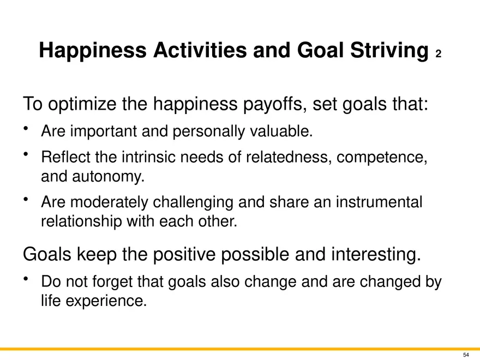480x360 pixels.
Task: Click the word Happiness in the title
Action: [x=93, y=51]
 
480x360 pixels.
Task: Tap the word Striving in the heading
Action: [x=389, y=51]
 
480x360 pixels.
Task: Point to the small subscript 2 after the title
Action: [x=439, y=54]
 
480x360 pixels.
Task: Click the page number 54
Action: [x=466, y=355]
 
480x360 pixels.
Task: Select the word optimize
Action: [x=82, y=104]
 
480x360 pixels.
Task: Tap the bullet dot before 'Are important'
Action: [x=26, y=128]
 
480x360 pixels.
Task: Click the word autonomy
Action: [x=108, y=177]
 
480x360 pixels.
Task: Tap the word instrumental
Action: [x=379, y=202]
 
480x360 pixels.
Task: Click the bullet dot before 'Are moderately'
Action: [x=26, y=199]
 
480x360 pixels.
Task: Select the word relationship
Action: [x=81, y=221]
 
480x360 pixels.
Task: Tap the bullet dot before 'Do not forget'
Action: [x=26, y=279]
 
